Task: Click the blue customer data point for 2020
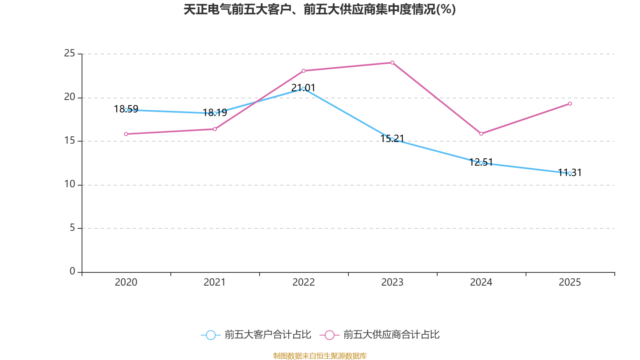(126, 110)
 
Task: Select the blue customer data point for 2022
(303, 89)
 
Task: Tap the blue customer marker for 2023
(392, 139)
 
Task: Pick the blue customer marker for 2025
(570, 173)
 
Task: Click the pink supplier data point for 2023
(392, 62)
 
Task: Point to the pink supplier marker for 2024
(481, 134)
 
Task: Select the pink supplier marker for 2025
(570, 104)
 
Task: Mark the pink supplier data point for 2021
(215, 129)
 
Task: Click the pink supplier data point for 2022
(303, 71)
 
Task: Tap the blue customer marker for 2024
(481, 163)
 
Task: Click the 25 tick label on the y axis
(69, 53)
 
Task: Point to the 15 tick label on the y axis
(69, 140)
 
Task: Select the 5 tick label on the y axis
(72, 228)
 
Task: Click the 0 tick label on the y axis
(72, 271)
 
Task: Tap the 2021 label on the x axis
(215, 282)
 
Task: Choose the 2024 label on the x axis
(481, 282)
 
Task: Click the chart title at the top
(320, 9)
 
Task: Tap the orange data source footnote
(320, 356)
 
